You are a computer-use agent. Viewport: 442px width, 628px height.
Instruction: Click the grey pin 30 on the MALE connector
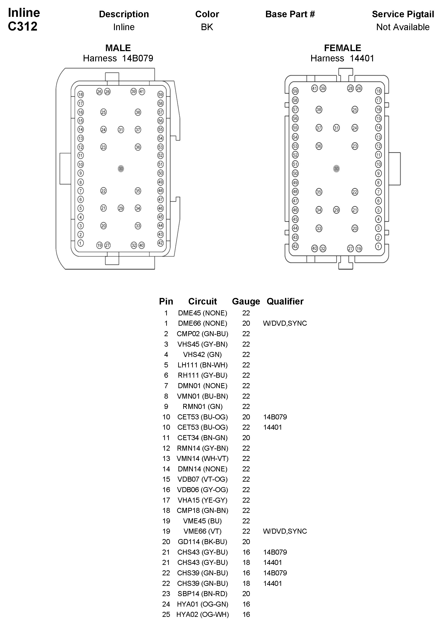click(x=121, y=169)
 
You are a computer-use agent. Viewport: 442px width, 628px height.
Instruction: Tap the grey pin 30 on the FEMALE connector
click(x=337, y=169)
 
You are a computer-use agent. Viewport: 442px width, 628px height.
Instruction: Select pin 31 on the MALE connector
click(x=121, y=130)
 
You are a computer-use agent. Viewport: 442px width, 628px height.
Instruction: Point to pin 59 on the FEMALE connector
click(x=295, y=91)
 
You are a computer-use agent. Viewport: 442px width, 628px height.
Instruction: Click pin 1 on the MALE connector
click(x=80, y=243)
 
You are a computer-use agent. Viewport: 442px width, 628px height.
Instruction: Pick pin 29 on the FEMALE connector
click(x=337, y=210)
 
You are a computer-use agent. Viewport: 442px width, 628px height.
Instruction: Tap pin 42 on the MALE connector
click(x=161, y=243)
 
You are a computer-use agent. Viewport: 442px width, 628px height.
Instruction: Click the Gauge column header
click(x=246, y=301)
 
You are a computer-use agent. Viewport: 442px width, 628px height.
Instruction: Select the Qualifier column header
click(x=285, y=301)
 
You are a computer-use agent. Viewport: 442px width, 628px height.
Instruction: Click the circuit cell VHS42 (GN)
click(x=202, y=355)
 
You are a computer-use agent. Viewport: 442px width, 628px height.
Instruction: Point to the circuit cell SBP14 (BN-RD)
click(x=202, y=593)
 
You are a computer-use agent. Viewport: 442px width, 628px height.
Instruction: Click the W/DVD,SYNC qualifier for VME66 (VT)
click(x=285, y=531)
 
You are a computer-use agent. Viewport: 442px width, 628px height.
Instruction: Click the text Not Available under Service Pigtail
click(x=403, y=27)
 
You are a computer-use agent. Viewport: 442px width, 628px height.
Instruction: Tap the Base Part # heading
click(x=290, y=14)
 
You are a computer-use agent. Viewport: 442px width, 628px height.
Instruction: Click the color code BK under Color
click(x=207, y=27)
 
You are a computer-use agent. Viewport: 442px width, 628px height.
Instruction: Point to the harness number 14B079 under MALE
click(x=138, y=58)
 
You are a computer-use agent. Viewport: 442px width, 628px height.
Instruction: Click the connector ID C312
click(x=23, y=26)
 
